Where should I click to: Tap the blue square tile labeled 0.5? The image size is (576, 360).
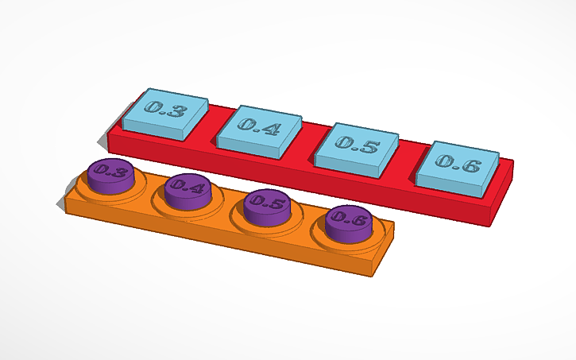coord(357,143)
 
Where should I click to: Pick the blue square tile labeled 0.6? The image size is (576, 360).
coord(458,165)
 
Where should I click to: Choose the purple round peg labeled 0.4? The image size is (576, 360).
coord(187,188)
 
